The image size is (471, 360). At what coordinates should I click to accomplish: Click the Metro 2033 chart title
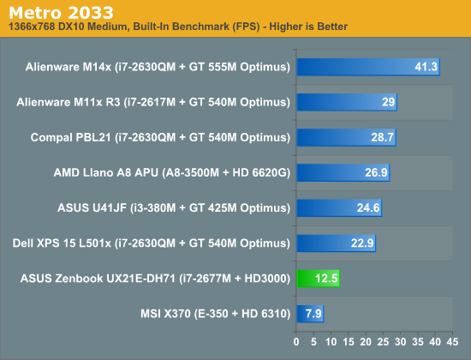click(x=61, y=13)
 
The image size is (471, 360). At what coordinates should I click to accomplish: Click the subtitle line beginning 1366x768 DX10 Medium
click(x=178, y=27)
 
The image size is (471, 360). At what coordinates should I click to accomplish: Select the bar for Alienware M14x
click(x=368, y=67)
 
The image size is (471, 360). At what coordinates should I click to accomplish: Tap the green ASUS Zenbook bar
click(x=318, y=279)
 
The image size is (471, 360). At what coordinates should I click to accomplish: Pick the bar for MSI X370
click(x=310, y=314)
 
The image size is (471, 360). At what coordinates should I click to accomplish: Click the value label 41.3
click(x=426, y=67)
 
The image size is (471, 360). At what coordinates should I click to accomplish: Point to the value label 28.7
click(x=382, y=137)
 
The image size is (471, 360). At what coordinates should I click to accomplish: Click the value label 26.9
click(x=376, y=172)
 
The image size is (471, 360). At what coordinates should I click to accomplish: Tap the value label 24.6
click(x=368, y=207)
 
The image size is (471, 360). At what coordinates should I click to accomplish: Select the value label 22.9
click(x=362, y=243)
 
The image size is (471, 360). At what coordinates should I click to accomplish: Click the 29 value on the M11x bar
click(x=388, y=102)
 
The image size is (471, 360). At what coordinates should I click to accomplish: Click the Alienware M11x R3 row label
click(x=153, y=102)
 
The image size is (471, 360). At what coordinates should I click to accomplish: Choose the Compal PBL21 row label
click(x=160, y=137)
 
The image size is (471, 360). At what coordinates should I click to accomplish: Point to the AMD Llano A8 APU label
click(x=172, y=172)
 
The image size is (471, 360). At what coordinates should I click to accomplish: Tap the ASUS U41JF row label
click(x=174, y=207)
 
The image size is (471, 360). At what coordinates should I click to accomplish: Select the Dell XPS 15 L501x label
click(x=151, y=243)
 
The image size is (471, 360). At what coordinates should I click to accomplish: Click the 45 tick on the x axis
click(x=452, y=342)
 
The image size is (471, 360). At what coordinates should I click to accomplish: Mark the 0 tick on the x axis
click(x=296, y=342)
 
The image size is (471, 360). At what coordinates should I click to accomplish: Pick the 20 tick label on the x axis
click(x=366, y=342)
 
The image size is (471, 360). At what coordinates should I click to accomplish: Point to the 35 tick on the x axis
click(x=418, y=342)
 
